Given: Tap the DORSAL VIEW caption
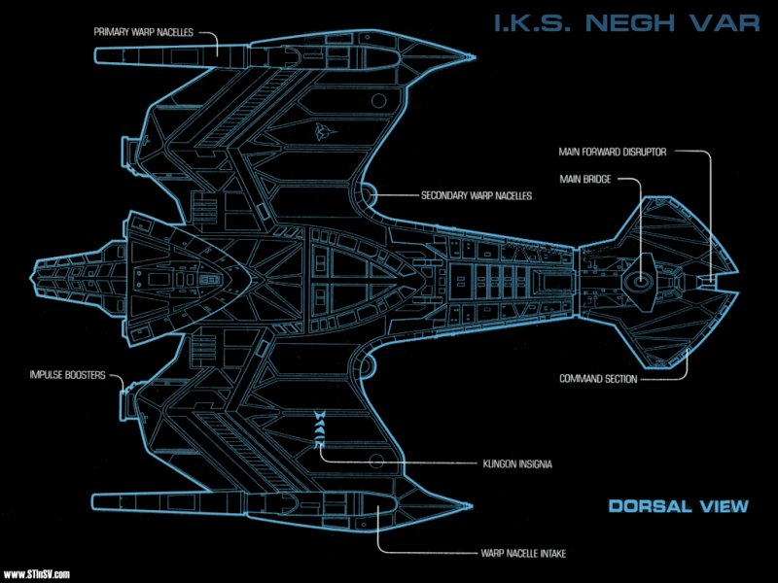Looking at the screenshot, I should [678, 505].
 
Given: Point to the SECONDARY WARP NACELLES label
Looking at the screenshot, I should [477, 195].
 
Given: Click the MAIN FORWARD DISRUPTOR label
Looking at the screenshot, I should [613, 152].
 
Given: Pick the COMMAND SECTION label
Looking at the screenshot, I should [598, 379].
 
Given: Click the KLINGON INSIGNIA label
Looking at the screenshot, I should [516, 463].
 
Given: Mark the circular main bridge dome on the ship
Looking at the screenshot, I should [640, 281].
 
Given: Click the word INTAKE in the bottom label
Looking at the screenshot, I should [548, 553].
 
